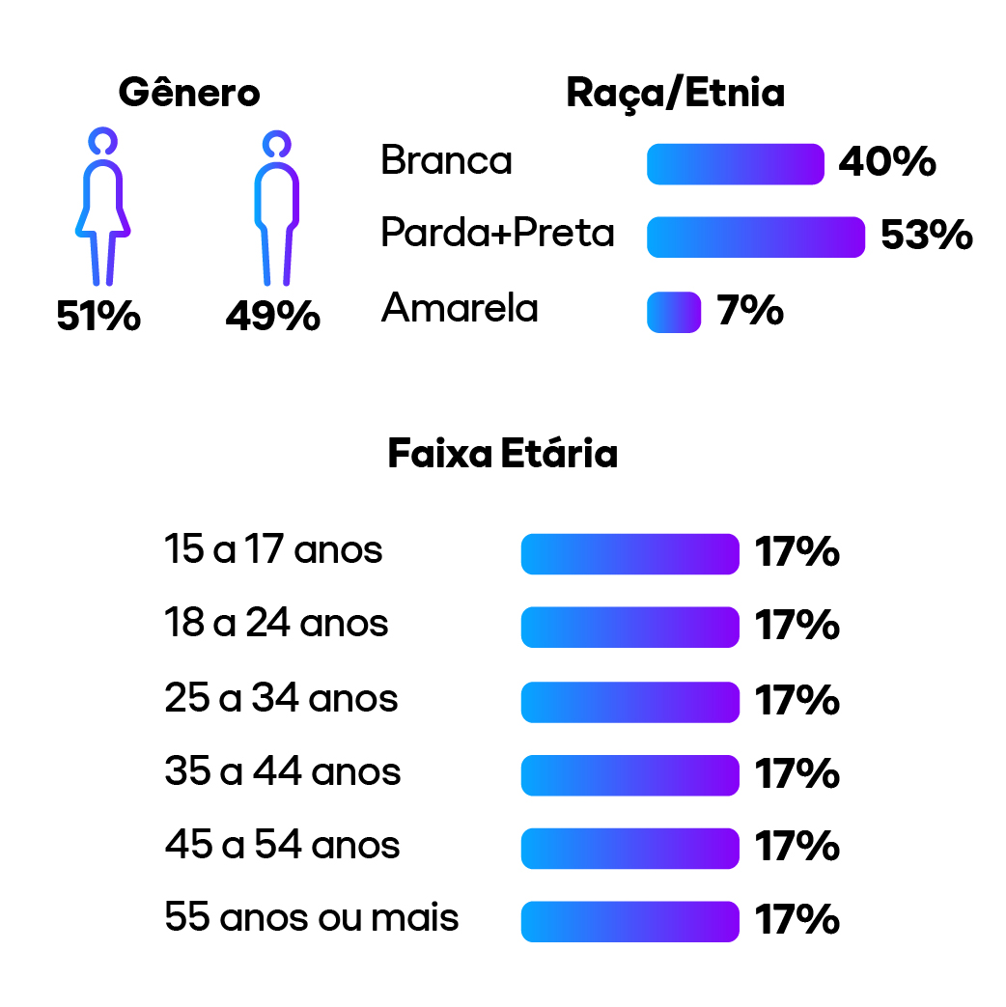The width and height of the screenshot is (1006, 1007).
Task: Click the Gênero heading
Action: pos(189,94)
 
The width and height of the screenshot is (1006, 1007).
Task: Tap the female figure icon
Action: pos(102,208)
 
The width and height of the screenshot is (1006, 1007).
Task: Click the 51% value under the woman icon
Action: pos(98,317)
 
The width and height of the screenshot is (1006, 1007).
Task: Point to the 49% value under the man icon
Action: pos(272,317)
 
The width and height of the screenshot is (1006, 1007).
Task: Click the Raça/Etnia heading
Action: pos(675,94)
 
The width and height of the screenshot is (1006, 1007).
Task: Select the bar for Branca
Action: pos(735,164)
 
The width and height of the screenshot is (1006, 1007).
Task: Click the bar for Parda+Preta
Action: pos(755,238)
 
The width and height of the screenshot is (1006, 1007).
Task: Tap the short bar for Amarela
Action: pos(674,312)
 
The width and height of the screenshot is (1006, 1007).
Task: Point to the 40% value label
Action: pos(886,163)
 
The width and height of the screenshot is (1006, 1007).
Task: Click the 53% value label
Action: pos(926,237)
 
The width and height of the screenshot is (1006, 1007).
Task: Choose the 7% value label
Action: pos(749,311)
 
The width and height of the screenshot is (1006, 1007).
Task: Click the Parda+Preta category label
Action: pos(497,234)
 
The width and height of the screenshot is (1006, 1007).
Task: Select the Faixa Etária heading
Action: pos(502,454)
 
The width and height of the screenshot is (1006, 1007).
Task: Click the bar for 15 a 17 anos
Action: pos(629,554)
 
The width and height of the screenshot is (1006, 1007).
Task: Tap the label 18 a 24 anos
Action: pos(276,624)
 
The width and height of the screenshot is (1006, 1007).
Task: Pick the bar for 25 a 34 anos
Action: pos(629,702)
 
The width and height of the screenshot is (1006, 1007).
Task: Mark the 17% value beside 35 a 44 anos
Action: pos(796,774)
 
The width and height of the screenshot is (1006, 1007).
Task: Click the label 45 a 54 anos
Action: pos(282,845)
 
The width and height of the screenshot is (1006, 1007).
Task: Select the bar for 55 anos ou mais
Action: pos(629,921)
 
